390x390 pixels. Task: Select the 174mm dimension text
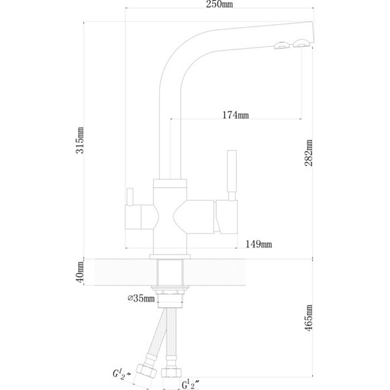(235, 116)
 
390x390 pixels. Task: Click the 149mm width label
(258, 244)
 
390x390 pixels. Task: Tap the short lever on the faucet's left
(129, 196)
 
